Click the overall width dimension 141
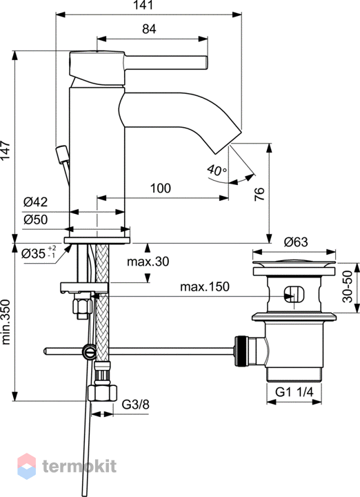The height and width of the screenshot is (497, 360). [143, 5]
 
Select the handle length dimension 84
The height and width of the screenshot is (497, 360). [149, 29]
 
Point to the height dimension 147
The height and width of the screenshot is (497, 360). [5, 150]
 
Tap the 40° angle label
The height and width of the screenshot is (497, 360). [217, 170]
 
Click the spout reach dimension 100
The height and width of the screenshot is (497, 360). [161, 188]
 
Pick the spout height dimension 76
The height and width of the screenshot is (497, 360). [259, 194]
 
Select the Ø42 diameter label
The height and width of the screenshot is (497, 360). [35, 202]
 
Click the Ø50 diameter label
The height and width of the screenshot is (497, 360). [35, 220]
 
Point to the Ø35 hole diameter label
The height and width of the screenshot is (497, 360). [39, 253]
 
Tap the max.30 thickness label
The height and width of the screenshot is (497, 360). [148, 262]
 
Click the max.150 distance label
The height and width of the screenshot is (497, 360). [205, 287]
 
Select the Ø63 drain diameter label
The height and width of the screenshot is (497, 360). [296, 242]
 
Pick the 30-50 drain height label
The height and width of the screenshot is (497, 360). [348, 286]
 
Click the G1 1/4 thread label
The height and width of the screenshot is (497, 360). [294, 392]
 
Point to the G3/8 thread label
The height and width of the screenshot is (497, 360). [135, 405]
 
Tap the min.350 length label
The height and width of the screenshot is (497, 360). [6, 322]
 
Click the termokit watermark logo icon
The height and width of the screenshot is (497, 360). [27, 466]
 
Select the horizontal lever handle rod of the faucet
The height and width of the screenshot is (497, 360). [166, 62]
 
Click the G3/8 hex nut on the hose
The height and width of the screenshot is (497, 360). [102, 392]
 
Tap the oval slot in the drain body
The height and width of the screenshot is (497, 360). [294, 295]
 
